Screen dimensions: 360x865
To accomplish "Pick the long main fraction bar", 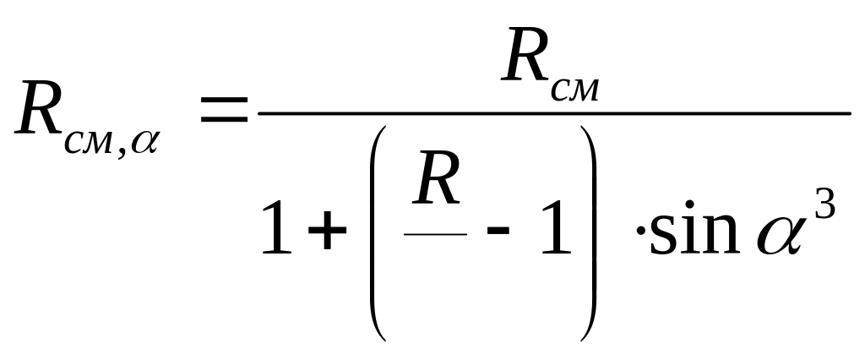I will [553, 112].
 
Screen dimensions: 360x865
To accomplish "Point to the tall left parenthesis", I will [379, 232].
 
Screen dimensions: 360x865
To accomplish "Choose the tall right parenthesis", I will [589, 232].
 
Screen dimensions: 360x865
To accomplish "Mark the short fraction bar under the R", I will [436, 232].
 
